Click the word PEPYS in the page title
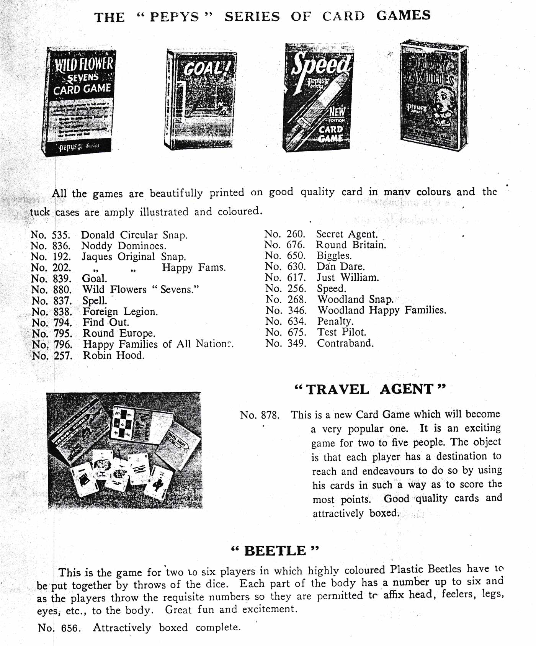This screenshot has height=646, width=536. click(x=174, y=17)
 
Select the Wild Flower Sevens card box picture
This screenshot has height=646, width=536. click(x=78, y=102)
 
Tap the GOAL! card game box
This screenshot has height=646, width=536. click(x=200, y=100)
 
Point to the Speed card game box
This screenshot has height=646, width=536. click(x=318, y=98)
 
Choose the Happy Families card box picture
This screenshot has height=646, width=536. click(x=434, y=95)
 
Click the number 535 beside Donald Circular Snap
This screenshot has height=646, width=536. click(x=61, y=235)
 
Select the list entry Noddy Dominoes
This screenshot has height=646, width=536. click(x=124, y=245)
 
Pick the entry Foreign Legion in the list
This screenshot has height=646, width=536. click(x=120, y=312)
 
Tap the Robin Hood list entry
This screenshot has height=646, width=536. click(x=114, y=355)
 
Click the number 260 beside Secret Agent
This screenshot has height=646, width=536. click(x=295, y=234)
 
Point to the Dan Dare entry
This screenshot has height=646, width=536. click(x=340, y=267)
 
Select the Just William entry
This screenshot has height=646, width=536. click(x=348, y=277)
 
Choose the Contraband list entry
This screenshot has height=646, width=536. click(x=345, y=343)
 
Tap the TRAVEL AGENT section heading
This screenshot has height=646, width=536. click(x=370, y=389)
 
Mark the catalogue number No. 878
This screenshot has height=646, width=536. click(x=260, y=415)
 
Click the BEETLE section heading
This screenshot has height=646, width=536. click(x=275, y=551)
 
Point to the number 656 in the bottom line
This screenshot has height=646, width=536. click(x=69, y=628)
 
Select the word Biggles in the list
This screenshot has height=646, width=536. click(x=334, y=255)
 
